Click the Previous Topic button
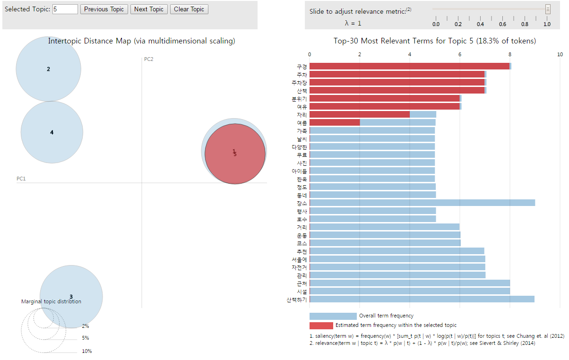pos(104,9)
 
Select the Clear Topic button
pos(189,9)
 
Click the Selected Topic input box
pos(65,9)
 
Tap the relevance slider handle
pos(548,9)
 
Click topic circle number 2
pos(48,69)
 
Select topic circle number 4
pos(52,132)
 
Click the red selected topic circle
pos(235,154)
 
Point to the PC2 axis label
pos(148,59)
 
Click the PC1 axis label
pos(21,179)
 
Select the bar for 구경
pos(409,66)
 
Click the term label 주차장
pos(299,83)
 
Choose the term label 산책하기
pos(296,300)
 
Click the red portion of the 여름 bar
pos(335,122)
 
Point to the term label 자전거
pos(299,267)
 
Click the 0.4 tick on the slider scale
pos(480,23)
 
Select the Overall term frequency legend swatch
pos(333,316)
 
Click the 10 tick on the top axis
pos(560,54)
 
